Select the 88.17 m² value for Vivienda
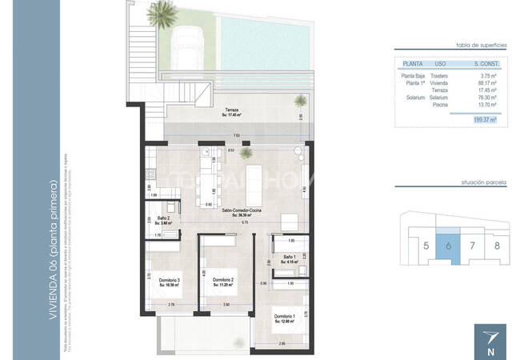pos(486,82)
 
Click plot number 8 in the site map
pos(497,245)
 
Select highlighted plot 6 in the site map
pos(449,244)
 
